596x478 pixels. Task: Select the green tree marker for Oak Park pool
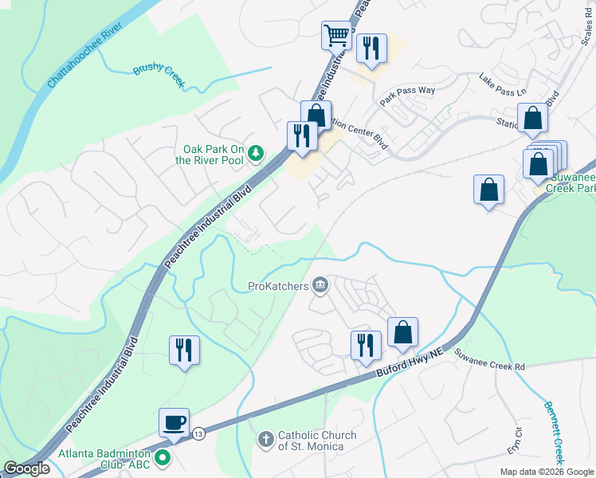coord(255,151)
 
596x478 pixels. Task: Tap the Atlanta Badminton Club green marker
coord(163,457)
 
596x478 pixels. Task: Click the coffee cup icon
coord(174,422)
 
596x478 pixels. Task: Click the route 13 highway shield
coord(198,433)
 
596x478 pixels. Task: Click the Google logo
coord(26,468)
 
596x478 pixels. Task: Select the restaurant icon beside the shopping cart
coord(371,48)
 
